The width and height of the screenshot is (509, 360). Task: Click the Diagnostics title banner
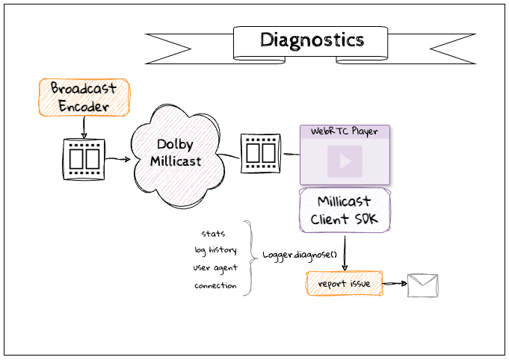pos(312,40)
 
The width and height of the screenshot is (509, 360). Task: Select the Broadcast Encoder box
pos(84,97)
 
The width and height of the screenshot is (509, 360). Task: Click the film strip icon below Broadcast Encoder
pos(84,158)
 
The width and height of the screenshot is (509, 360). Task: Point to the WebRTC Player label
pos(345,131)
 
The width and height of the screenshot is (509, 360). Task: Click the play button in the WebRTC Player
pos(345,161)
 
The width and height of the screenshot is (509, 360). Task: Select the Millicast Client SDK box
pos(345,211)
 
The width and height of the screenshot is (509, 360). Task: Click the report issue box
pos(344,285)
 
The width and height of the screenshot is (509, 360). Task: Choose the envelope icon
pos(422,286)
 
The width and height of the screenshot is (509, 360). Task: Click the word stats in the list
pos(214,234)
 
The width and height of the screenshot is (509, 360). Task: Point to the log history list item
pos(215,250)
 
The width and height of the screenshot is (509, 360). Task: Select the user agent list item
pos(215,267)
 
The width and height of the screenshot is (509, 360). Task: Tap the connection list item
pos(215,285)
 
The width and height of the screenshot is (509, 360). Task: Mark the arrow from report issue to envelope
pos(393,285)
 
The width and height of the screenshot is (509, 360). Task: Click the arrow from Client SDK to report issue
pos(345,252)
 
